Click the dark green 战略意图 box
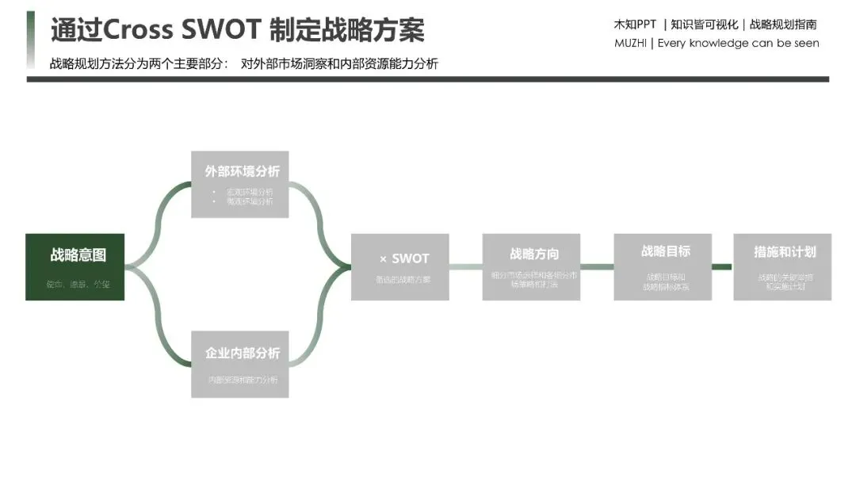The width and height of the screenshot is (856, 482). (75, 266)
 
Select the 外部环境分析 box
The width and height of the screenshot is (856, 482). (240, 184)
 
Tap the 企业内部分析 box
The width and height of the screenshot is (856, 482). (240, 364)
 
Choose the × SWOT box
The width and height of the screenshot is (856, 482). (399, 266)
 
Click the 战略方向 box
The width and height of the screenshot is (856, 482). (531, 266)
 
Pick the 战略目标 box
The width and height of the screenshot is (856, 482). (663, 266)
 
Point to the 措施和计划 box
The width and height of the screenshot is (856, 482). (782, 266)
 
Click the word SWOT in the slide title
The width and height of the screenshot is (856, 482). (221, 30)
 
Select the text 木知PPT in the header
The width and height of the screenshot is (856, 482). (635, 24)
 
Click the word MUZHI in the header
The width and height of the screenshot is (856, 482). (630, 44)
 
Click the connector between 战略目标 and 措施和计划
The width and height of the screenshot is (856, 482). (721, 266)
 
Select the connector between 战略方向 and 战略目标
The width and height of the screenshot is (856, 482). (597, 266)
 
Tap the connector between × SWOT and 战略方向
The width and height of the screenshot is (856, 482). (465, 266)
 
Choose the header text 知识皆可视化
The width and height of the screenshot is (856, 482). (705, 24)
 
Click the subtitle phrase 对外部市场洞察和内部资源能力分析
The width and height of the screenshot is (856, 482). (339, 64)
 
